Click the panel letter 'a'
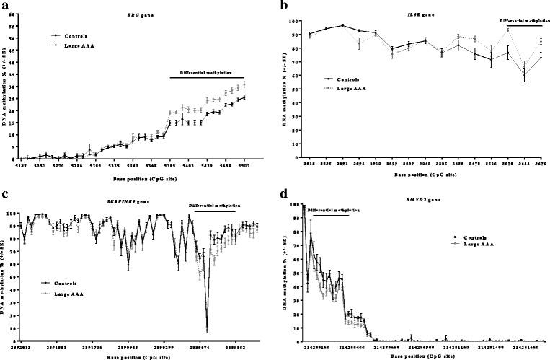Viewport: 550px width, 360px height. tap(5, 5)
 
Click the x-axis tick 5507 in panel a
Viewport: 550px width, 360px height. tap(244, 165)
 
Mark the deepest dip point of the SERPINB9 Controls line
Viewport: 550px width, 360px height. tap(207, 330)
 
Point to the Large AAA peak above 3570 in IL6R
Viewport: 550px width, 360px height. tap(508, 30)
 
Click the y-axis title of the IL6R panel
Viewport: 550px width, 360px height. tap(292, 87)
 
